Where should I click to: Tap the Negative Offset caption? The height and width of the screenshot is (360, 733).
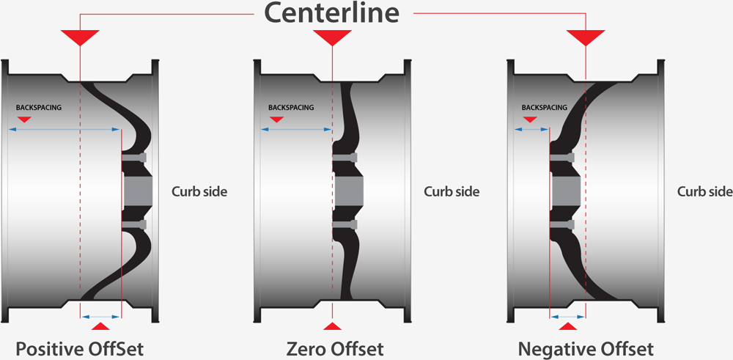click(586, 347)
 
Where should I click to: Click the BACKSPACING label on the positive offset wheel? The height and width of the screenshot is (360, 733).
click(39, 107)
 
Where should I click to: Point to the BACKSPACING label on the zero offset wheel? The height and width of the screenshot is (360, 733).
click(291, 107)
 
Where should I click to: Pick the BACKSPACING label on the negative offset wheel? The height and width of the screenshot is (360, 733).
click(545, 107)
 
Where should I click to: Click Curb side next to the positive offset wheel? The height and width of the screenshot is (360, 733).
click(199, 192)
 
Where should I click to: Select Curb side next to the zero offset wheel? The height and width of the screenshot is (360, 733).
click(452, 192)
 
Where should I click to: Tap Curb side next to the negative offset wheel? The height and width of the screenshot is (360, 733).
click(704, 192)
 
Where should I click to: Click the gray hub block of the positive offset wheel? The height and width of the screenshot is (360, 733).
click(136, 191)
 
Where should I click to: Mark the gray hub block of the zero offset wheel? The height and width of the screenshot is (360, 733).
click(350, 191)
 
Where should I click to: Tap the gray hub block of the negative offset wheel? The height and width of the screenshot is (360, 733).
click(565, 191)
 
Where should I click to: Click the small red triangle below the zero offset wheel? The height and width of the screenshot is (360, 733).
click(333, 326)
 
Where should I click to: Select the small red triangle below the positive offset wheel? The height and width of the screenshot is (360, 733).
click(102, 326)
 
